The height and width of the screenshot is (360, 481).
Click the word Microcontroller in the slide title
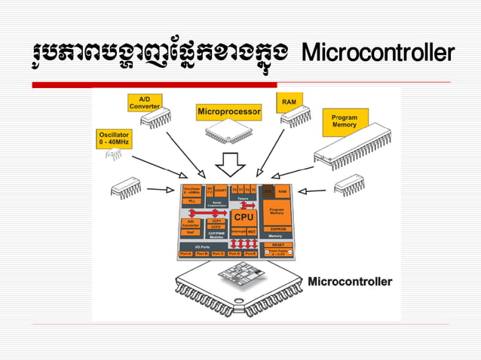coord(378,55)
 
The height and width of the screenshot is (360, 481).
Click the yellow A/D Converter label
coord(144,102)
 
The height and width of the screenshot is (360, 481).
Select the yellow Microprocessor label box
coord(229,112)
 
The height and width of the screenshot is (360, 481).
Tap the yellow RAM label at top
coord(289,101)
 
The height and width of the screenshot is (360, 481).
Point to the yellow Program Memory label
coord(345,121)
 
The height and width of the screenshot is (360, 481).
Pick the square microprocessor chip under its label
coord(228,133)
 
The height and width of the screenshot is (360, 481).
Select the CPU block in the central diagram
coord(243,217)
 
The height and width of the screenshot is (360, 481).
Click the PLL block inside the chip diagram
coord(191,202)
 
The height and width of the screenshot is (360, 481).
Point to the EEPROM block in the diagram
coord(276,228)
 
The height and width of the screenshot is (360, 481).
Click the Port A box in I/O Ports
coord(186,254)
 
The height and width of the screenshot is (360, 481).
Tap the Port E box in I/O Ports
coord(250,254)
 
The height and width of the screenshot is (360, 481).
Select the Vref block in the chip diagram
coord(191,233)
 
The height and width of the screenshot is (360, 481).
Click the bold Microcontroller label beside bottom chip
coord(350,282)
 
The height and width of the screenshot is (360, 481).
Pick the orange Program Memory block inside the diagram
coord(276,213)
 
